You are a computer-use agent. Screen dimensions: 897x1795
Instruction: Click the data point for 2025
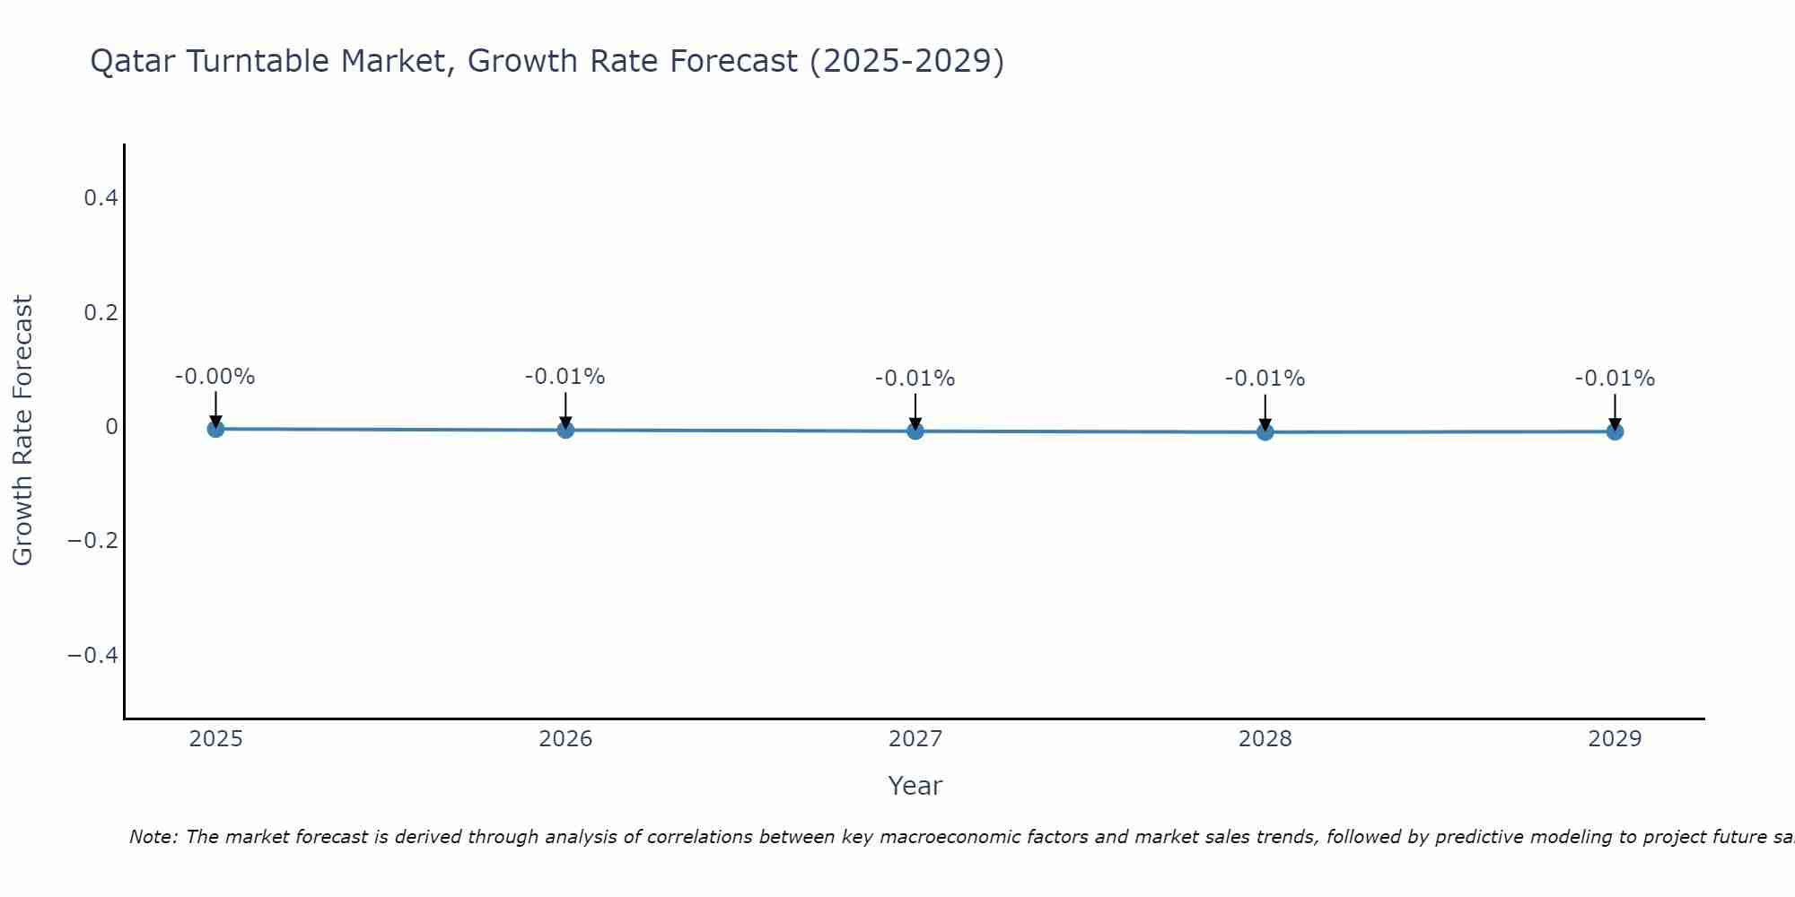215,429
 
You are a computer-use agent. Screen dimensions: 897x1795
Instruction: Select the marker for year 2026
565,430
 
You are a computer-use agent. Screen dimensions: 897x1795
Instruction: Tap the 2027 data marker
915,431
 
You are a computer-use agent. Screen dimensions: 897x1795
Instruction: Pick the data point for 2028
1265,431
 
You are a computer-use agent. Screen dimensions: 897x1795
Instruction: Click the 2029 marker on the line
1615,431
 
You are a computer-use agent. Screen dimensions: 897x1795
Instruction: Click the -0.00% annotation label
215,377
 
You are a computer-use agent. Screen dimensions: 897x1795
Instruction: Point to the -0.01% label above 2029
1615,379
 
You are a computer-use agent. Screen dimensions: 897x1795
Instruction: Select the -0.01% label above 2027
915,379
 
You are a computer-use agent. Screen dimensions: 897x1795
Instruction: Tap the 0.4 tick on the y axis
101,197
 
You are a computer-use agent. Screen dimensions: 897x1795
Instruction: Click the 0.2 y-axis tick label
101,312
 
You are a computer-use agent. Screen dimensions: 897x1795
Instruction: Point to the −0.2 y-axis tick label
93,541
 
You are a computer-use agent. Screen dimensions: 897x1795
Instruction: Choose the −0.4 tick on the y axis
93,656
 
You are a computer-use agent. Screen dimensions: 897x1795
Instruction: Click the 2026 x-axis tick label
565,739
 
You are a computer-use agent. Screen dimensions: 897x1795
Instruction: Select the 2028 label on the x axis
1265,739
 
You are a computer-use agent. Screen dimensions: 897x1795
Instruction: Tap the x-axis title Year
915,786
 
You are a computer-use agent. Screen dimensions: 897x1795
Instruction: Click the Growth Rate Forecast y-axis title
22,430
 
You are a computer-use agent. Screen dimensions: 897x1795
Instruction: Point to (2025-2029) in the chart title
906,61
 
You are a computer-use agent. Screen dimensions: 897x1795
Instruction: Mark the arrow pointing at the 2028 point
1265,413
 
